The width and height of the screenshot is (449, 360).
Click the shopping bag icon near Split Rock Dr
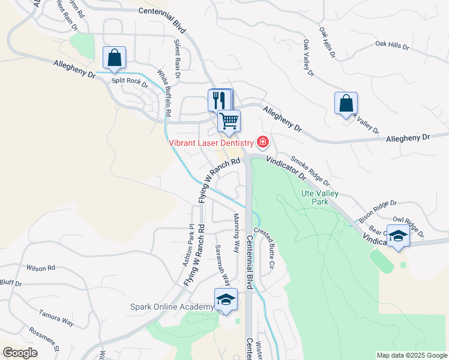click(x=114, y=58)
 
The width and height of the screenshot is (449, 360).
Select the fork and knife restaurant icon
click(x=219, y=100)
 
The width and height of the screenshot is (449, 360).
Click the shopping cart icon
click(x=229, y=121)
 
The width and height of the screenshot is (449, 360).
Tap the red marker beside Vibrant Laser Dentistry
click(x=262, y=142)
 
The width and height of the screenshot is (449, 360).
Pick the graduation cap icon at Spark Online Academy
click(x=226, y=299)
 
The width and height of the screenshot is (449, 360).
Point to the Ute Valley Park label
click(x=319, y=197)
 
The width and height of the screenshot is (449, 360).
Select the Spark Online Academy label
click(x=172, y=307)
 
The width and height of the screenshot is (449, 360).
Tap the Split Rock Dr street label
click(x=130, y=82)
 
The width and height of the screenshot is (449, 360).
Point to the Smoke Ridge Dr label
click(x=310, y=171)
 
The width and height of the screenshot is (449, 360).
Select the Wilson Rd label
click(x=41, y=268)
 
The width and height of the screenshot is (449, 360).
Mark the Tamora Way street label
click(x=56, y=318)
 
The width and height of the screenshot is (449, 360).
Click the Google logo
click(x=20, y=353)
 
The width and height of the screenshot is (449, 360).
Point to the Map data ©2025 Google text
click(x=412, y=355)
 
